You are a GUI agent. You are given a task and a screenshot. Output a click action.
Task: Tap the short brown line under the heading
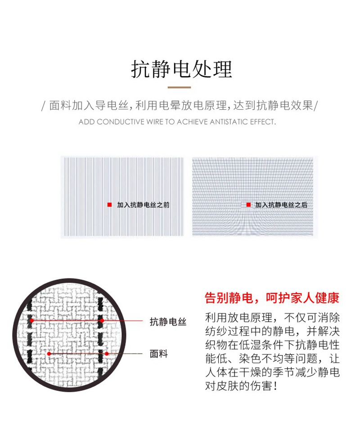tap(180, 87)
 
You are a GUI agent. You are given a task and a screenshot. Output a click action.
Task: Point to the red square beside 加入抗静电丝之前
tap(109, 205)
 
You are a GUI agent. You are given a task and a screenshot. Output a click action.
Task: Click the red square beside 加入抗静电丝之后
tap(248, 205)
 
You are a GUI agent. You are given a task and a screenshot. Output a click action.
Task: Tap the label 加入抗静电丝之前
tap(143, 205)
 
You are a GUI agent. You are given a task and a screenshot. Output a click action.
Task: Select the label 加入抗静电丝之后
tap(281, 205)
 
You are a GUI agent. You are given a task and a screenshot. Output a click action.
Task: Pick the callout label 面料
tap(159, 354)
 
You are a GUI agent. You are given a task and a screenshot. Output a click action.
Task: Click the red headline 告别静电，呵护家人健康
tap(272, 298)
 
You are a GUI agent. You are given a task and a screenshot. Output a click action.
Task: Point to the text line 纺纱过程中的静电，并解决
tap(272, 331)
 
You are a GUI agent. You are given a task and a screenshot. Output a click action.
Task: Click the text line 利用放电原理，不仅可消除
tap(272, 318)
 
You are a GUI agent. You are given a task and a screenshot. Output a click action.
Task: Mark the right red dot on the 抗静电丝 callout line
tap(102, 321)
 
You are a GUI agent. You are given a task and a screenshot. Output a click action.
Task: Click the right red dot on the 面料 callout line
tap(107, 354)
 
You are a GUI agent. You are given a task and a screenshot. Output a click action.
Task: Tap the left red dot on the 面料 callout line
tap(49, 354)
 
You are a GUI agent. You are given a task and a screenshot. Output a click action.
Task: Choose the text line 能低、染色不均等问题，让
tap(272, 359)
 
